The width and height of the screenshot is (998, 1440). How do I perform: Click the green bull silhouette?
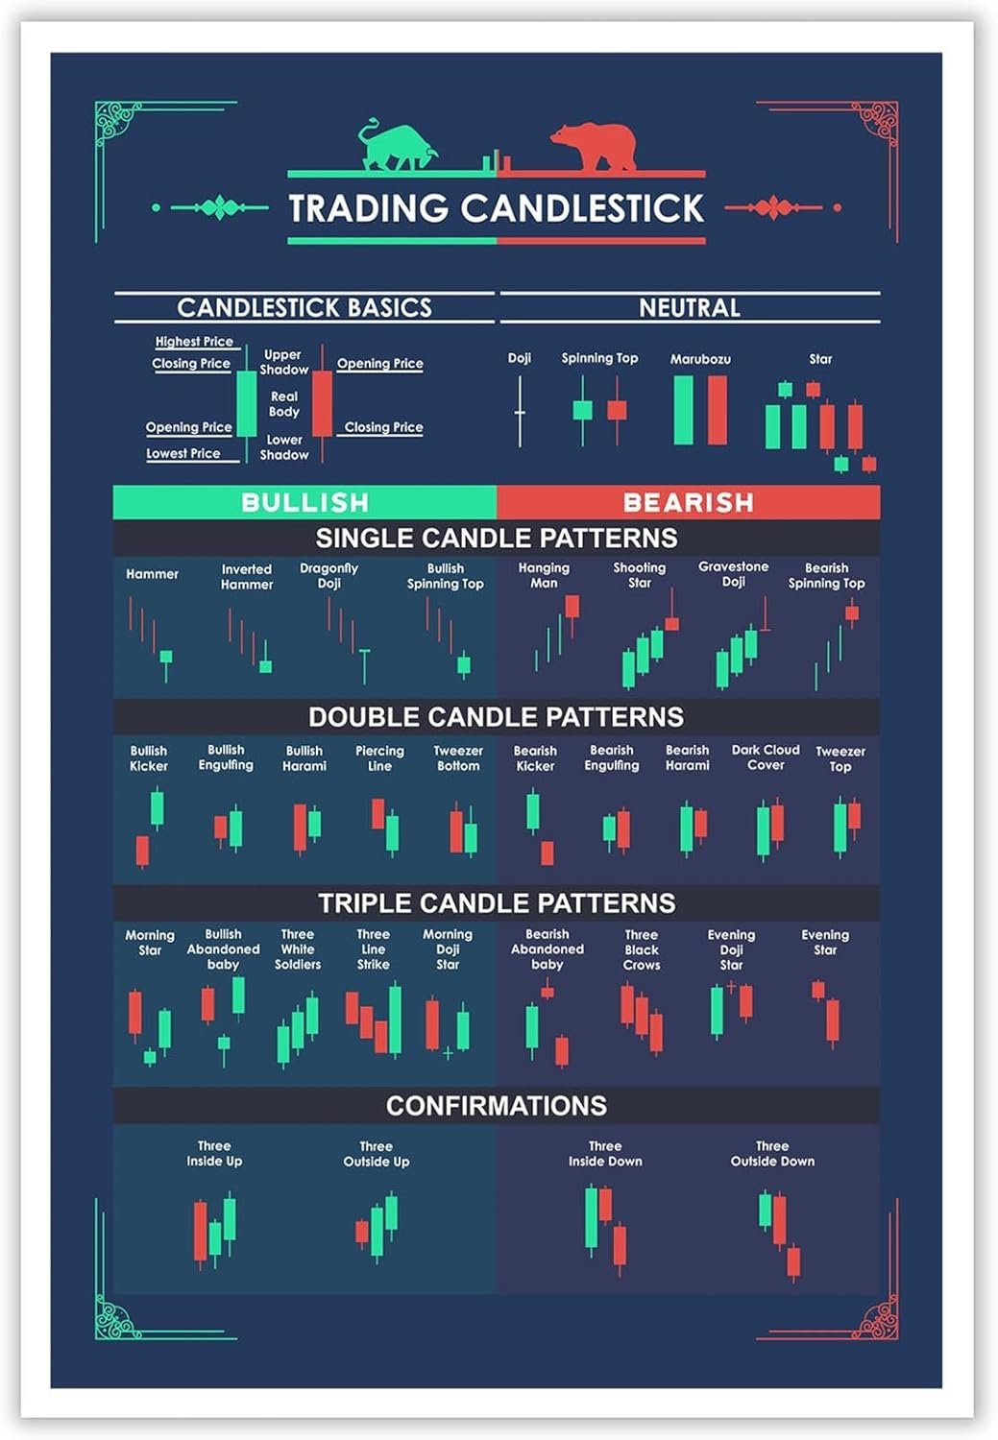pos(396,147)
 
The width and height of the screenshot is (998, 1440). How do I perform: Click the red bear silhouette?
pos(596,147)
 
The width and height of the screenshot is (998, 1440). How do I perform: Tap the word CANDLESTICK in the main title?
pos(582,208)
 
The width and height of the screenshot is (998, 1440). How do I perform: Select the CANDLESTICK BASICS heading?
pos(304,307)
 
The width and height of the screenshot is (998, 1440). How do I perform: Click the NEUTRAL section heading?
pos(690,307)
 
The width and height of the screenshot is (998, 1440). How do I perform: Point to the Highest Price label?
pos(194,342)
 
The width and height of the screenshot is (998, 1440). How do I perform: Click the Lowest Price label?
pos(183,453)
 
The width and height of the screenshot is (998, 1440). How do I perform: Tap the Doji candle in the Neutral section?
pos(520,412)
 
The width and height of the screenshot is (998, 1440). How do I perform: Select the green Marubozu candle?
pos(683,410)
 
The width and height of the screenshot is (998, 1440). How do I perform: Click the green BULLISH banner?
pos(304,502)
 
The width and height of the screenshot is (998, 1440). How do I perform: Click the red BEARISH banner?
pos(689,502)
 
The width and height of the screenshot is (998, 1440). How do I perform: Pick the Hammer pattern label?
pos(152,574)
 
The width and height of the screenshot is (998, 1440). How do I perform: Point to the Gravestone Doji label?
pos(733,574)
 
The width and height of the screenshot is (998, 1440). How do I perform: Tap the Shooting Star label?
pos(639,575)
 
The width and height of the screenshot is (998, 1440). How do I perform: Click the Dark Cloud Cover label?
pos(766,757)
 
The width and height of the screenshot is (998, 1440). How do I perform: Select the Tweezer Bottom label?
pos(458,758)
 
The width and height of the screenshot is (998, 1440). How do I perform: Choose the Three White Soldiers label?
pos(298,948)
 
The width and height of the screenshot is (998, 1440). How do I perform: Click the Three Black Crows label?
pos(642,949)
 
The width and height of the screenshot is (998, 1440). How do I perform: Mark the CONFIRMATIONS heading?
pos(497,1106)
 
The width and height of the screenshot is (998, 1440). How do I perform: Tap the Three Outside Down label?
pos(772,1153)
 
